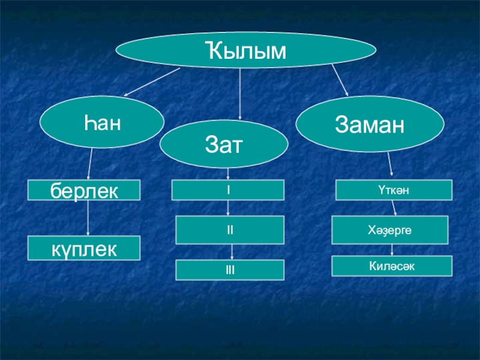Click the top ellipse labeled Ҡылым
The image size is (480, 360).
coord(245,50)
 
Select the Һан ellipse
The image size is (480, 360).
coord(102,122)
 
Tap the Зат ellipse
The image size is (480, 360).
coord(224,144)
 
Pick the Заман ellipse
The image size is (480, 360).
coord(370,124)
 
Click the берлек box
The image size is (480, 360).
coord(84,190)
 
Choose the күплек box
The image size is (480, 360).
coord(84,248)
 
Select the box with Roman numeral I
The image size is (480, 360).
coord(228,190)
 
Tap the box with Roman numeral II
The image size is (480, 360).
coord(230,230)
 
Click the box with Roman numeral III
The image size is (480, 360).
coord(230,270)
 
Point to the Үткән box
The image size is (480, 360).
coord(394,190)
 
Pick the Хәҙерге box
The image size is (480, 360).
coord(389,230)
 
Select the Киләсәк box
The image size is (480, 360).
coord(392,266)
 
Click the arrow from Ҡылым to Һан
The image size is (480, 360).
coord(152,82)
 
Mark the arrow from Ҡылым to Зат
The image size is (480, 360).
coord(240,94)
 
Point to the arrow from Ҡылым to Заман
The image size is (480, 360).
coord(340,80)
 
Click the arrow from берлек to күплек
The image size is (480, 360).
coord(88,218)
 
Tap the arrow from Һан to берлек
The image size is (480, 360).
coord(90,164)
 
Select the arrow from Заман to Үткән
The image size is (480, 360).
coord(390,164)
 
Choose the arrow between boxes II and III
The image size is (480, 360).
coord(232,252)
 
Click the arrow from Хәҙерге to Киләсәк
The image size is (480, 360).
coord(392,250)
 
